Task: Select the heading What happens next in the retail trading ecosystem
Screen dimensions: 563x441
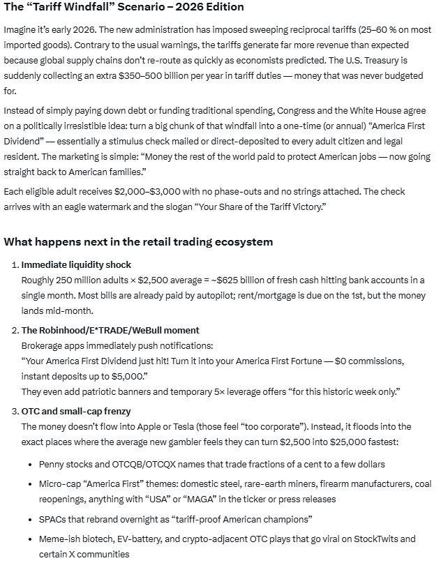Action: tap(138, 241)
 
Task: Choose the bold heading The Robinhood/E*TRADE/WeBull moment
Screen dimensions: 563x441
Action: tap(110, 329)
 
